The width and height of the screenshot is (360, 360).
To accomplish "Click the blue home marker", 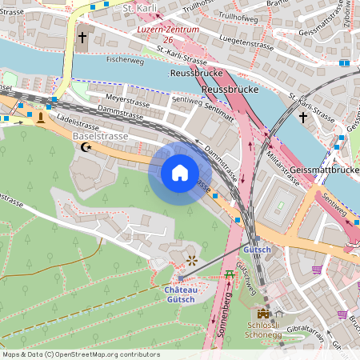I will (180, 173).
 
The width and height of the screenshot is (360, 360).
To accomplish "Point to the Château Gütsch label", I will (181, 294).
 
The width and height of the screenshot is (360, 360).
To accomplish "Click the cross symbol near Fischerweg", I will (82, 38).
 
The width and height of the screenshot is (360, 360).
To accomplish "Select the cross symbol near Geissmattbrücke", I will (302, 118).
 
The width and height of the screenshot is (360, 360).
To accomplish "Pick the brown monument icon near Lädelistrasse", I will (40, 118).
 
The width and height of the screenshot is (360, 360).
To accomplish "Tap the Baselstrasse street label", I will (99, 137).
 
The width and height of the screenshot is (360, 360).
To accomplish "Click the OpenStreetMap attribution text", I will (80, 354).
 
